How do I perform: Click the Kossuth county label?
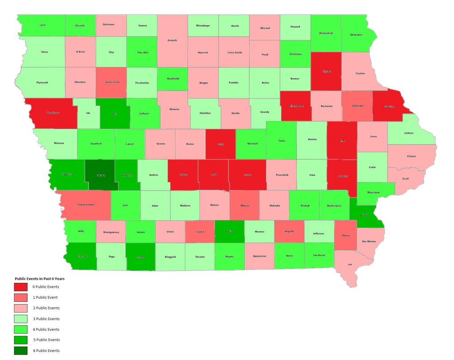tap(172, 40)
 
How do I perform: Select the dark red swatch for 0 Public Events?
tap(20, 287)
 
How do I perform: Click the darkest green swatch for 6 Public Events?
tap(20, 351)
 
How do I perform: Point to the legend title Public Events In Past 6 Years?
tap(40, 279)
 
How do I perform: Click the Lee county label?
tap(350, 264)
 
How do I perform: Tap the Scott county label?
tap(405, 179)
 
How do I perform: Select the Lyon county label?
tap(43, 25)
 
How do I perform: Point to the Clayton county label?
tap(360, 74)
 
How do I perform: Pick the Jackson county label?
tap(408, 133)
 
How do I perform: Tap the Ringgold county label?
tap(170, 257)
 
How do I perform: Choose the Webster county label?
tap(175, 109)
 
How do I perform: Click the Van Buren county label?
tap(319, 255)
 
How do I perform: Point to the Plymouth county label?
tap(43, 82)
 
